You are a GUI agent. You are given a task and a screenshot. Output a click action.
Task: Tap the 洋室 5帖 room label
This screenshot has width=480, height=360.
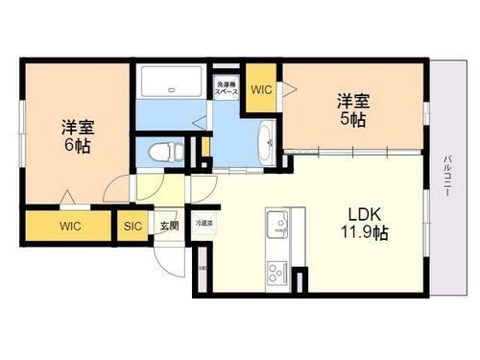(350, 108)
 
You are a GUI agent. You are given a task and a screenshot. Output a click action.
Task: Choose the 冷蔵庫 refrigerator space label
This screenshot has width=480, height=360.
(204, 223)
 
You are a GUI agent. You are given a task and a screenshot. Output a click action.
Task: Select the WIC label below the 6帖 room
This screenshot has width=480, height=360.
(69, 227)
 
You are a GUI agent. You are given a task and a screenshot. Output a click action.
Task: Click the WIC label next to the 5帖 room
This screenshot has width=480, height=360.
(261, 89)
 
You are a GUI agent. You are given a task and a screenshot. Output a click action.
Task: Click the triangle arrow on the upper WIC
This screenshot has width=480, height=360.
(286, 89)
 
